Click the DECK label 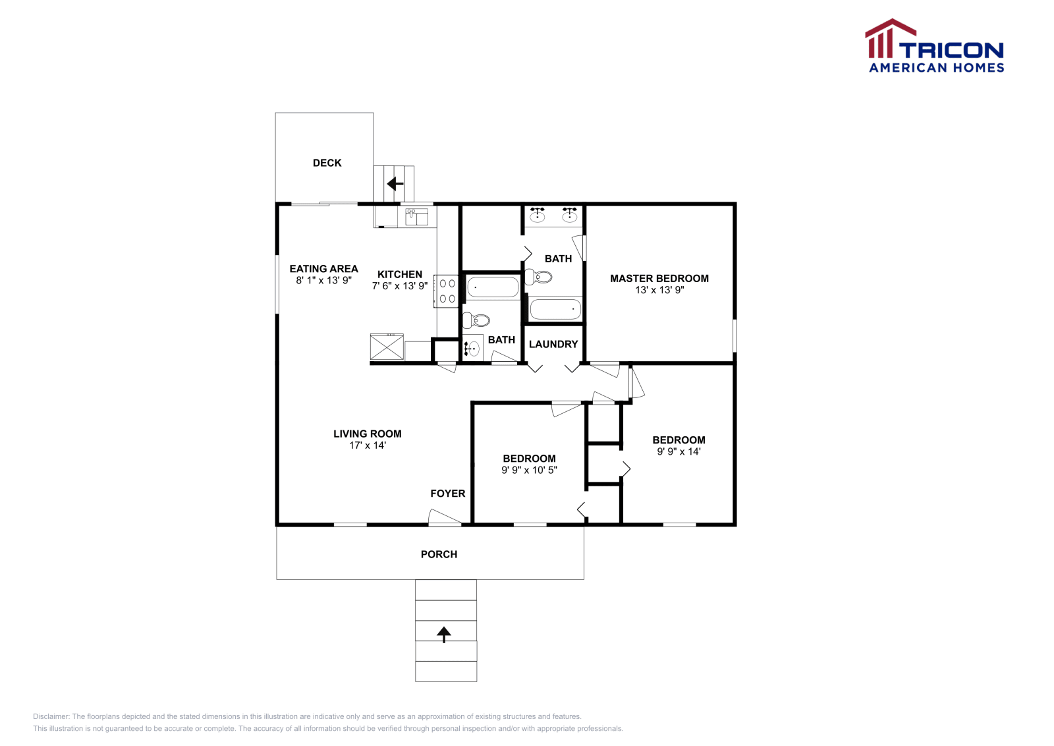327,163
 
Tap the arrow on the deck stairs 395,184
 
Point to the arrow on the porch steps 444,634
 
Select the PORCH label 439,554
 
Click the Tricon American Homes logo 935,47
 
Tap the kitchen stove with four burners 447,291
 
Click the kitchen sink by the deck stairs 416,216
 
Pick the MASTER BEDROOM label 659,278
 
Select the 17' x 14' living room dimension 368,445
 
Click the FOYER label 448,494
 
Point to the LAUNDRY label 553,344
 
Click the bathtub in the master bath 555,309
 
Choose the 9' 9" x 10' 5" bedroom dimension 529,470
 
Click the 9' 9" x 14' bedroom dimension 679,451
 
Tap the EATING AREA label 323,269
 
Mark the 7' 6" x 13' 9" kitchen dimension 400,286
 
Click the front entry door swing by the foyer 444,518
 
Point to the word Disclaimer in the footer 51,716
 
